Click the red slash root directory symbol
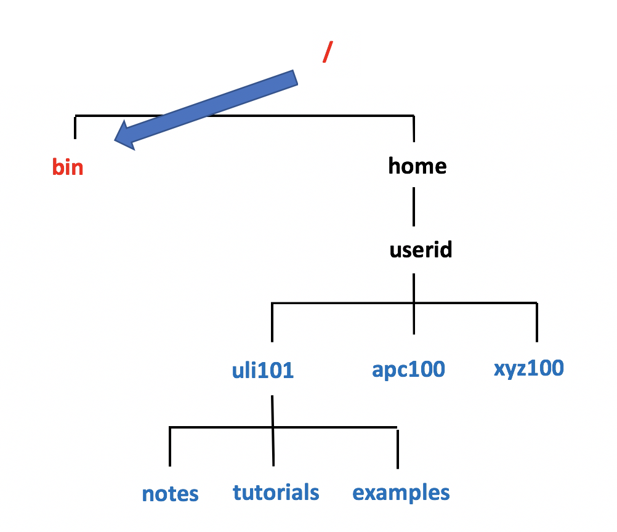pyautogui.click(x=327, y=54)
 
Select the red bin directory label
pyautogui.click(x=68, y=167)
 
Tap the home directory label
pyautogui.click(x=417, y=166)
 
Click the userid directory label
pyautogui.click(x=421, y=249)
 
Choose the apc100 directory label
pyautogui.click(x=408, y=369)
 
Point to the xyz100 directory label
pyautogui.click(x=528, y=368)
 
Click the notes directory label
pyautogui.click(x=170, y=494)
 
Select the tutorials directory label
pyautogui.click(x=276, y=492)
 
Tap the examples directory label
pyautogui.click(x=401, y=493)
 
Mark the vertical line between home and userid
pyautogui.click(x=413, y=208)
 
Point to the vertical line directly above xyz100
pyautogui.click(x=537, y=322)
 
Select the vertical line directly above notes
pyautogui.click(x=169, y=446)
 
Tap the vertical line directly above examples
pyautogui.click(x=397, y=448)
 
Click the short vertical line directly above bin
pyautogui.click(x=75, y=127)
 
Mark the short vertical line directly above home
pyautogui.click(x=413, y=128)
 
